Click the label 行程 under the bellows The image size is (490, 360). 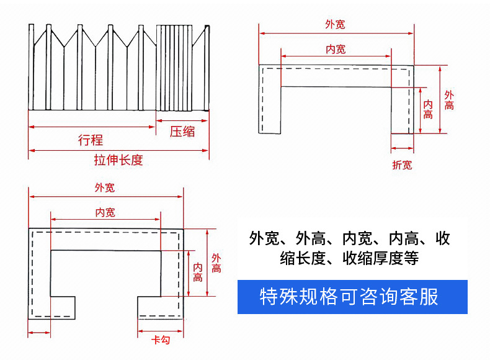[91, 140]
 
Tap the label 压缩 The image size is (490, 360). [182, 132]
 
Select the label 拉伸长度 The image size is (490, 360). [118, 160]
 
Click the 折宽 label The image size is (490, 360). [402, 165]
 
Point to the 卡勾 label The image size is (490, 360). [161, 340]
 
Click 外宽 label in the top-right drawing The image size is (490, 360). [335, 24]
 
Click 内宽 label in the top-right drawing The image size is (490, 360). [336, 49]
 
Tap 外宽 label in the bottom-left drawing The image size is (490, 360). [105, 187]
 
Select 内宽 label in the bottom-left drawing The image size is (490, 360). [105, 213]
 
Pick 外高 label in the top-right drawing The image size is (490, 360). [449, 100]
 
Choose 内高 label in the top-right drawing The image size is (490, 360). [428, 109]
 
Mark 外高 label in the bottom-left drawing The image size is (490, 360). [216, 263]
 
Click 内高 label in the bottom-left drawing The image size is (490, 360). [197, 272]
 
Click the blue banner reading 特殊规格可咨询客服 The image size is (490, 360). [352, 297]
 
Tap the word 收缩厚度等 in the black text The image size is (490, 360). [381, 258]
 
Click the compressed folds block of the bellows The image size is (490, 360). [174, 68]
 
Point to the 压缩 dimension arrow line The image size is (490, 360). [182, 121]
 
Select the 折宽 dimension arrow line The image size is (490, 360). [402, 148]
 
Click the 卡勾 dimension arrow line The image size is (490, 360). [160, 331]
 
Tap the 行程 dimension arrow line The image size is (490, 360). [92, 127]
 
